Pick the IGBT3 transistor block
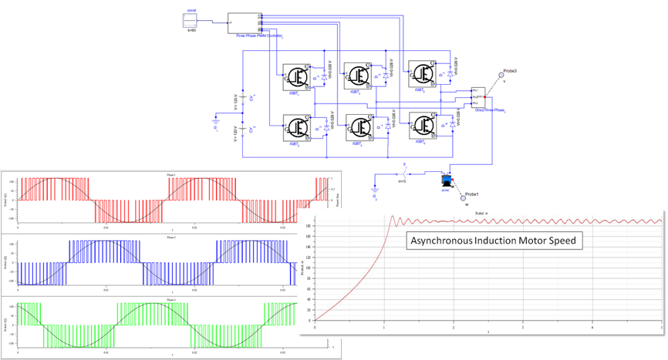pos(359,75)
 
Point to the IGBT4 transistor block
pos(359,126)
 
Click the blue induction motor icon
pos(445,180)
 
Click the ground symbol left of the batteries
pos(217,119)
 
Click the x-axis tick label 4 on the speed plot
pos(592,329)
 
